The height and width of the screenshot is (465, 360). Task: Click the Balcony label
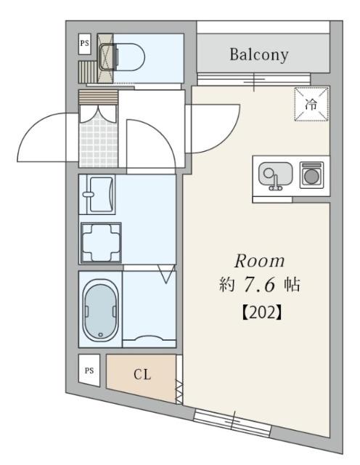tap(259, 54)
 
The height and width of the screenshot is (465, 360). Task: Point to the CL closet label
tap(142, 376)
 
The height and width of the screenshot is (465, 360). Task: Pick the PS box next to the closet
tap(89, 370)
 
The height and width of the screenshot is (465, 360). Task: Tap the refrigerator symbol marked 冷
tap(311, 104)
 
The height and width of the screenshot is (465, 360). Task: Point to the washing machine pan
tap(100, 243)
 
